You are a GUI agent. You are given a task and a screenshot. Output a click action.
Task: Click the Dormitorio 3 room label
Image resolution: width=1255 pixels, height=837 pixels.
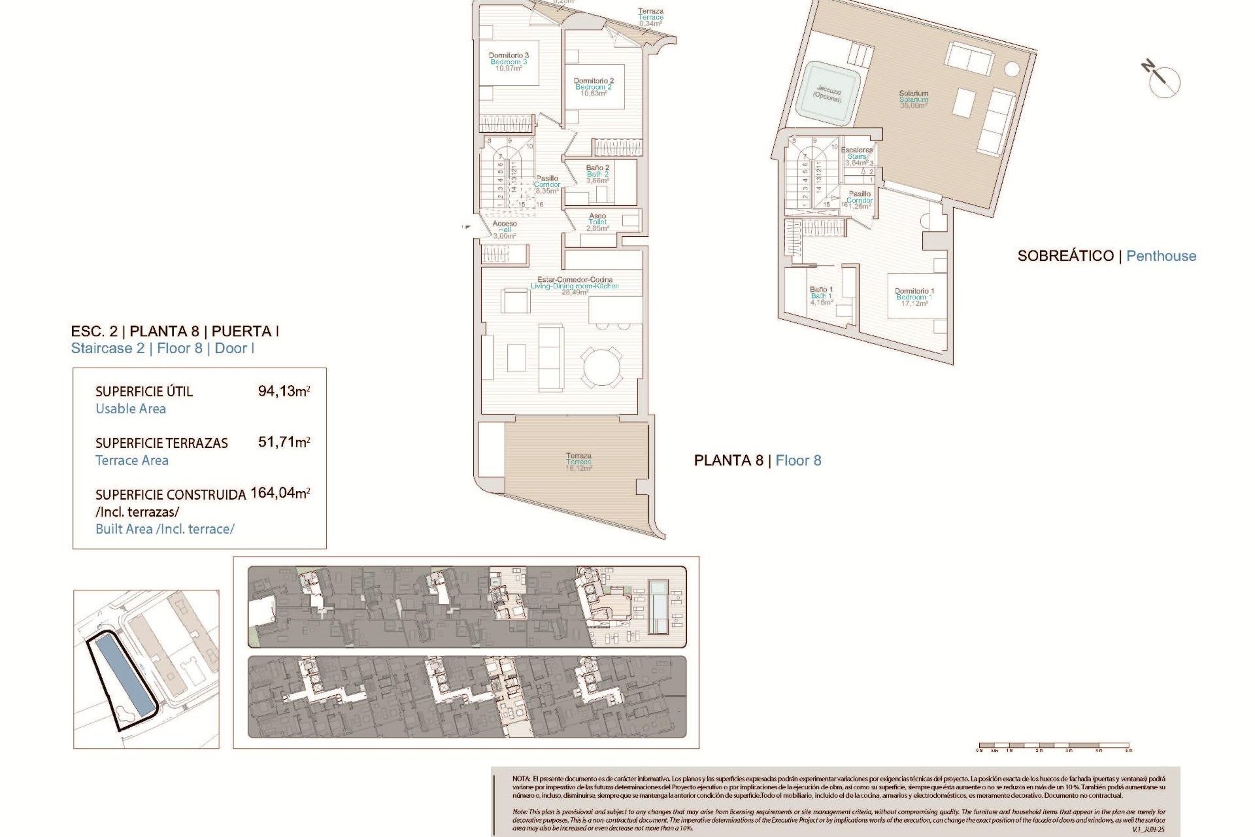pyautogui.click(x=509, y=61)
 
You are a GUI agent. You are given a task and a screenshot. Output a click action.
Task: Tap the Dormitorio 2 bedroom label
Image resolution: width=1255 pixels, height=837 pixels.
pyautogui.click(x=594, y=87)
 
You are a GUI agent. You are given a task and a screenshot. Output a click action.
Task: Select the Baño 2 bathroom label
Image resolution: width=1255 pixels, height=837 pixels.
pyautogui.click(x=597, y=174)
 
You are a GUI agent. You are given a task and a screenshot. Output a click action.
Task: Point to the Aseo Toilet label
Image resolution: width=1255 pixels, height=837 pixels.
pyautogui.click(x=597, y=222)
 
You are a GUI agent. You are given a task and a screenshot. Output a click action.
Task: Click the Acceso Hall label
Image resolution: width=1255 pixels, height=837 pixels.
pyautogui.click(x=505, y=230)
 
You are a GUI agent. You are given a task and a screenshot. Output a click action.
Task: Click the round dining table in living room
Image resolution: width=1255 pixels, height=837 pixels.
pyautogui.click(x=602, y=366)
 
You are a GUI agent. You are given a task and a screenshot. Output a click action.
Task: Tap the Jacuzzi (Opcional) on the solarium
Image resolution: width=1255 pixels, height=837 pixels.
pyautogui.click(x=828, y=94)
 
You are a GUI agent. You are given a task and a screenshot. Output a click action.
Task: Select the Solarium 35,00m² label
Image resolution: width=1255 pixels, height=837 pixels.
pyautogui.click(x=913, y=99)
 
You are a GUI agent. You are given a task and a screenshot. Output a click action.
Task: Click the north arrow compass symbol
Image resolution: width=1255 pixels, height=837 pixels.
pyautogui.click(x=1162, y=80)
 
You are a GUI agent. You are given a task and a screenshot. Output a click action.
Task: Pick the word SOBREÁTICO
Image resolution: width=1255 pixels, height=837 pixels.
pyautogui.click(x=1065, y=256)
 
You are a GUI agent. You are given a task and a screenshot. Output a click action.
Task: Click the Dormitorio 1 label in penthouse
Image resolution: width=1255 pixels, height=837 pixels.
pyautogui.click(x=914, y=297)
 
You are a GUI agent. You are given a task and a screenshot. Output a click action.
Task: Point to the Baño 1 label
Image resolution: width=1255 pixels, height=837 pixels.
pyautogui.click(x=821, y=296)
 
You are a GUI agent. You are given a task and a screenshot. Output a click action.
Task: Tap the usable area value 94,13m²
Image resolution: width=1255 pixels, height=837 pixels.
pyautogui.click(x=284, y=391)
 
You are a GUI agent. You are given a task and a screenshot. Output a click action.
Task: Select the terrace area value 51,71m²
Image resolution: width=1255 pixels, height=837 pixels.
pyautogui.click(x=284, y=442)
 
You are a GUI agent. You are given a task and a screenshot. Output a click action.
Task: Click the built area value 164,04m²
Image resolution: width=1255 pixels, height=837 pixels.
pyautogui.click(x=280, y=493)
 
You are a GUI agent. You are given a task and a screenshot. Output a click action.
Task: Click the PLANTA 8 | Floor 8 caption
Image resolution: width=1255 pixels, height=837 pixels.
pyautogui.click(x=757, y=460)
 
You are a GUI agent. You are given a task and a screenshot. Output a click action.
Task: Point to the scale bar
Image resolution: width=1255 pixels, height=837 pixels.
pyautogui.click(x=1054, y=745)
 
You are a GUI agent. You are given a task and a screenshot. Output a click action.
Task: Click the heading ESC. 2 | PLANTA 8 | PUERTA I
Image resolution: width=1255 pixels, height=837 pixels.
pyautogui.click(x=175, y=331)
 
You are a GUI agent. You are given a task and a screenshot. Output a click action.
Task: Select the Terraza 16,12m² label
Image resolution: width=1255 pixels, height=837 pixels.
pyautogui.click(x=578, y=462)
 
